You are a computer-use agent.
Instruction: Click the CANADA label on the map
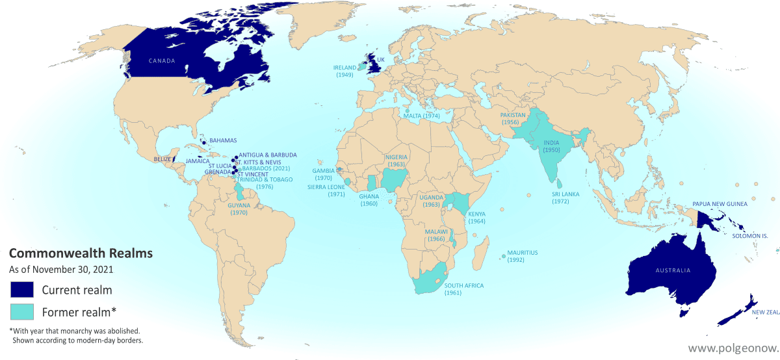162,61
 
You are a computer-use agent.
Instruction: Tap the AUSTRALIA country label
673,270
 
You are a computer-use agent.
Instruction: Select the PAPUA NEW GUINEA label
720,203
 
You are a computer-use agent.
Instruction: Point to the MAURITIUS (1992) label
524,255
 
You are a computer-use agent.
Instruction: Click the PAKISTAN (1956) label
513,118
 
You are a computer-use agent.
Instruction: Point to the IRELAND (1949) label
344,71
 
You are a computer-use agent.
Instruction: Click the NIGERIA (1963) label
396,161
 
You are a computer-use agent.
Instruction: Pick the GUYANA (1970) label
239,209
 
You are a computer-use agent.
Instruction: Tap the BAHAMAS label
223,140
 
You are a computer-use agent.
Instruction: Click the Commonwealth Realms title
81,253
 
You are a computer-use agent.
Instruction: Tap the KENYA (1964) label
477,218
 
